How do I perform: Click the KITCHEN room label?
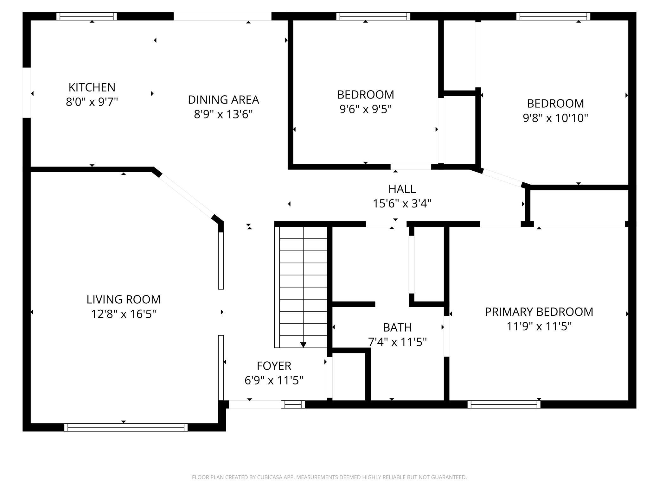tap(92, 87)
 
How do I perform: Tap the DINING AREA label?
tap(223, 100)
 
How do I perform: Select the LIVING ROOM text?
tap(124, 299)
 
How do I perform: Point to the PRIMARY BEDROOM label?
tap(539, 312)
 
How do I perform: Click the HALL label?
tap(402, 189)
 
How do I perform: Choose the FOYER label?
tap(274, 366)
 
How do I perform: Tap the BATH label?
tap(397, 327)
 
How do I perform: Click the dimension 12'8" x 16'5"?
tap(124, 314)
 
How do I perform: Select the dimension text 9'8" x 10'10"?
tap(555, 118)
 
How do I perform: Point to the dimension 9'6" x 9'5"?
tap(366, 109)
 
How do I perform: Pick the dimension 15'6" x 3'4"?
tap(402, 203)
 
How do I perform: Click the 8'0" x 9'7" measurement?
tap(92, 102)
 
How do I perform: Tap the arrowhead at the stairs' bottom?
tap(303, 345)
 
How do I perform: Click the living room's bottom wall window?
tap(126, 427)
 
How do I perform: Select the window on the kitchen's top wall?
tap(86, 16)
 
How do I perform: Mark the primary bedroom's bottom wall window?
tap(504, 404)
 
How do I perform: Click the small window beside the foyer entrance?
tap(293, 404)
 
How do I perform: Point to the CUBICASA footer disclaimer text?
tap(329, 477)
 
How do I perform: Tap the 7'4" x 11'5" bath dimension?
tap(397, 342)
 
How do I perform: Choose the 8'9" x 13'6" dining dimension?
tap(223, 114)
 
